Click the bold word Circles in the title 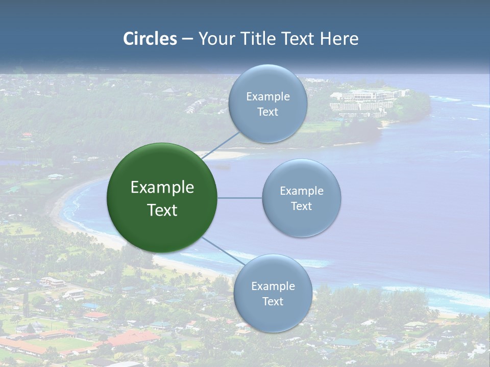point(150,39)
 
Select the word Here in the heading point(339,39)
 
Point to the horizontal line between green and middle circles point(239,198)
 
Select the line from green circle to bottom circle point(220,249)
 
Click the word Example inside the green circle point(162,188)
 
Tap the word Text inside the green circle point(162,210)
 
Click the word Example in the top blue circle point(268,96)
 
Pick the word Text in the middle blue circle point(302,206)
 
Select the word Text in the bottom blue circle point(273,301)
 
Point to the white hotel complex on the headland point(365,100)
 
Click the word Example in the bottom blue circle point(273,286)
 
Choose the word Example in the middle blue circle point(302,191)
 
